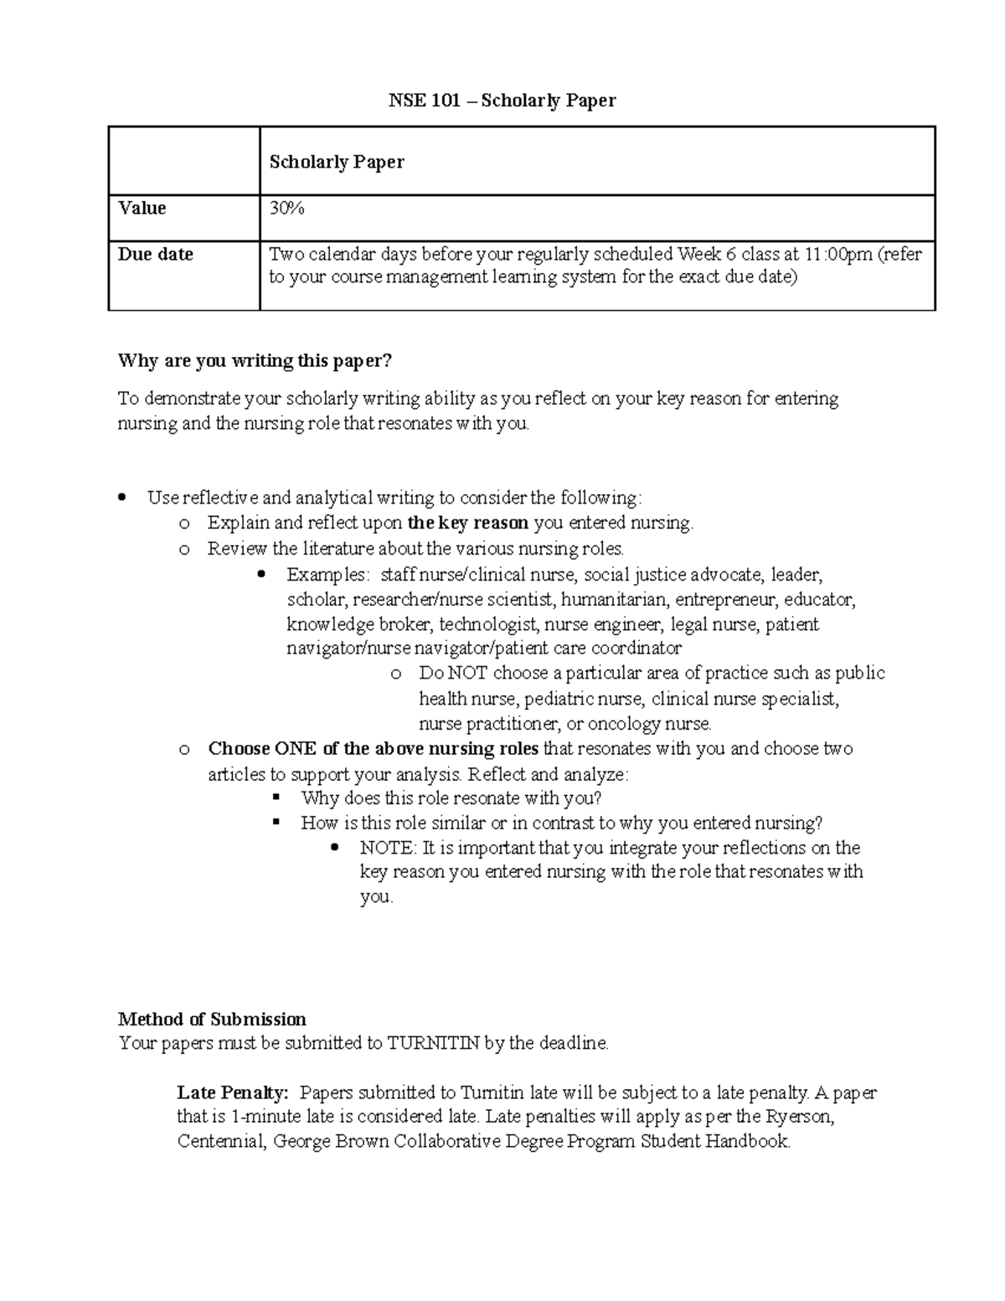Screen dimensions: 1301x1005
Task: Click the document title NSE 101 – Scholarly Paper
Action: (502, 101)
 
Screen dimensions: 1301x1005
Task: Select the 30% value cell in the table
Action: (286, 209)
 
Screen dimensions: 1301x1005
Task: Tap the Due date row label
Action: (156, 255)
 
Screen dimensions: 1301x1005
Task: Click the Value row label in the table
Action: (142, 209)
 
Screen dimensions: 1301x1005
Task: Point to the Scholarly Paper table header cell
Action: (337, 162)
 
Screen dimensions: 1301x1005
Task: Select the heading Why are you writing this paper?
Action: (255, 361)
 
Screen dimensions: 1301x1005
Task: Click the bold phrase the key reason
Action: (467, 524)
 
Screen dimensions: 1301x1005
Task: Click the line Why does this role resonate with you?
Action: (451, 798)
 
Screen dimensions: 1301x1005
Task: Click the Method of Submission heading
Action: (212, 1020)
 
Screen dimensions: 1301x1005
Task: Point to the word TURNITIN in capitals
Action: (433, 1044)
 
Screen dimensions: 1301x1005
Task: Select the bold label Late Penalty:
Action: (233, 1093)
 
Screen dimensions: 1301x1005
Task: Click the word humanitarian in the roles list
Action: (614, 600)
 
